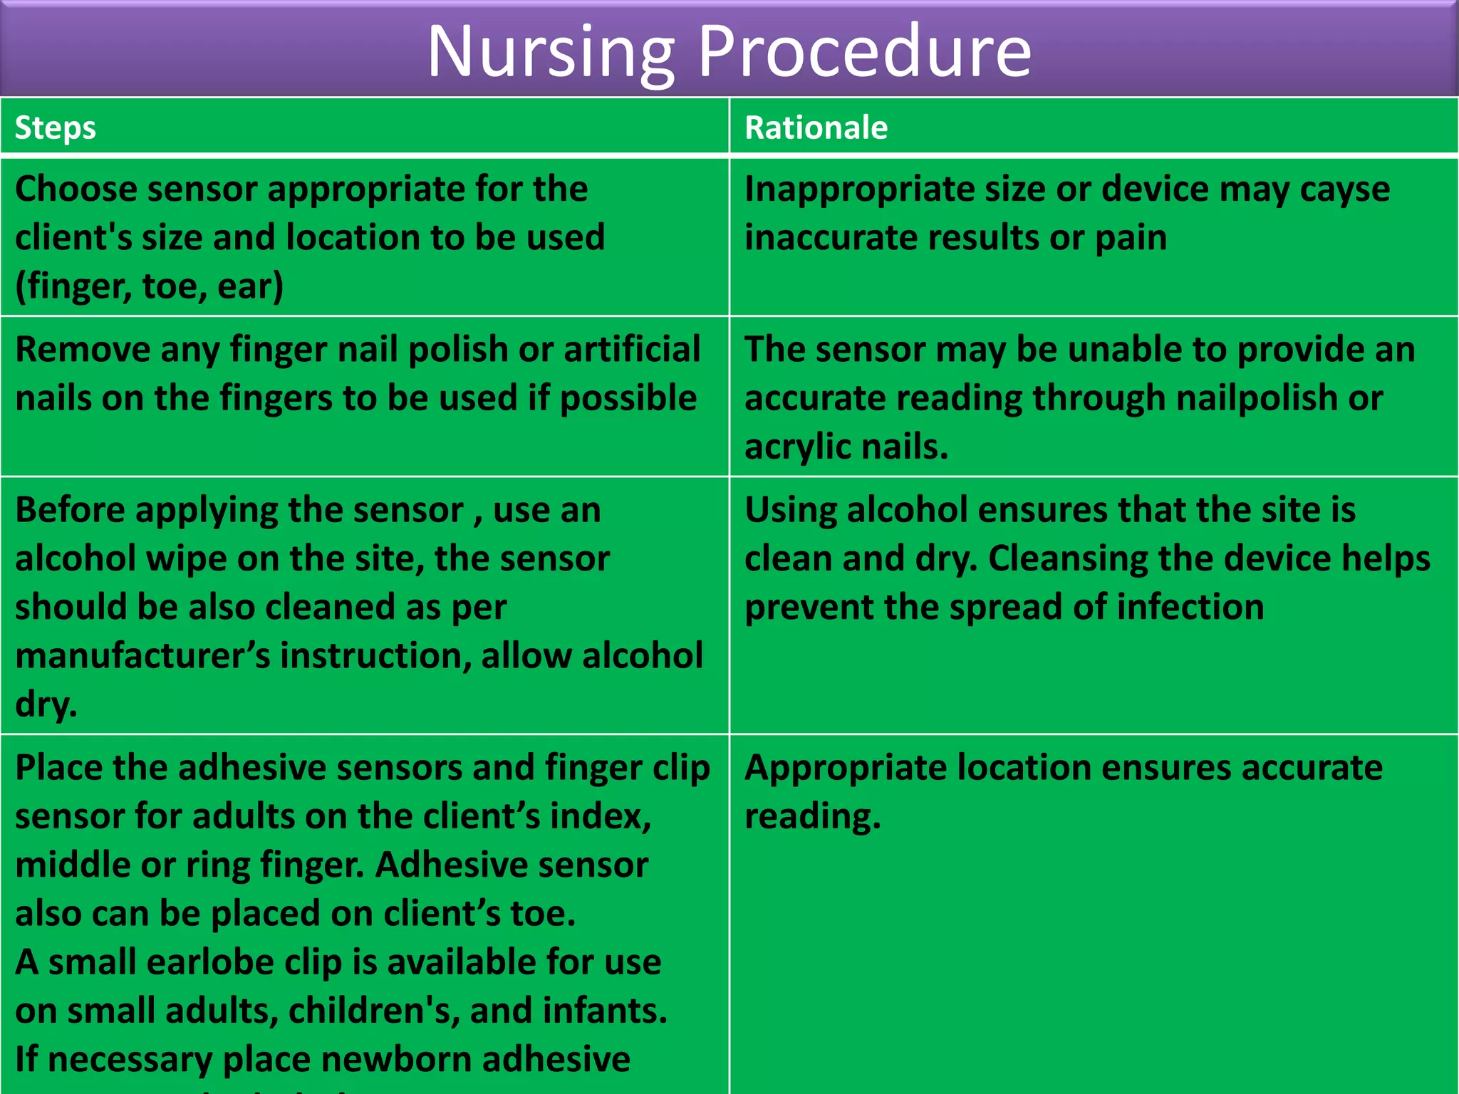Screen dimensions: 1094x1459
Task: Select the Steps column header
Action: (x=55, y=128)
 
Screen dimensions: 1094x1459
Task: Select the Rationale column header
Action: (x=816, y=128)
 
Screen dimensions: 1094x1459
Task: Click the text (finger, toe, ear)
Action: (x=149, y=286)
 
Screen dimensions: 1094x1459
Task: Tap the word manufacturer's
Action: (x=142, y=656)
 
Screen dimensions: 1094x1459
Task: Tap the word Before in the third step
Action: (x=69, y=511)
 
